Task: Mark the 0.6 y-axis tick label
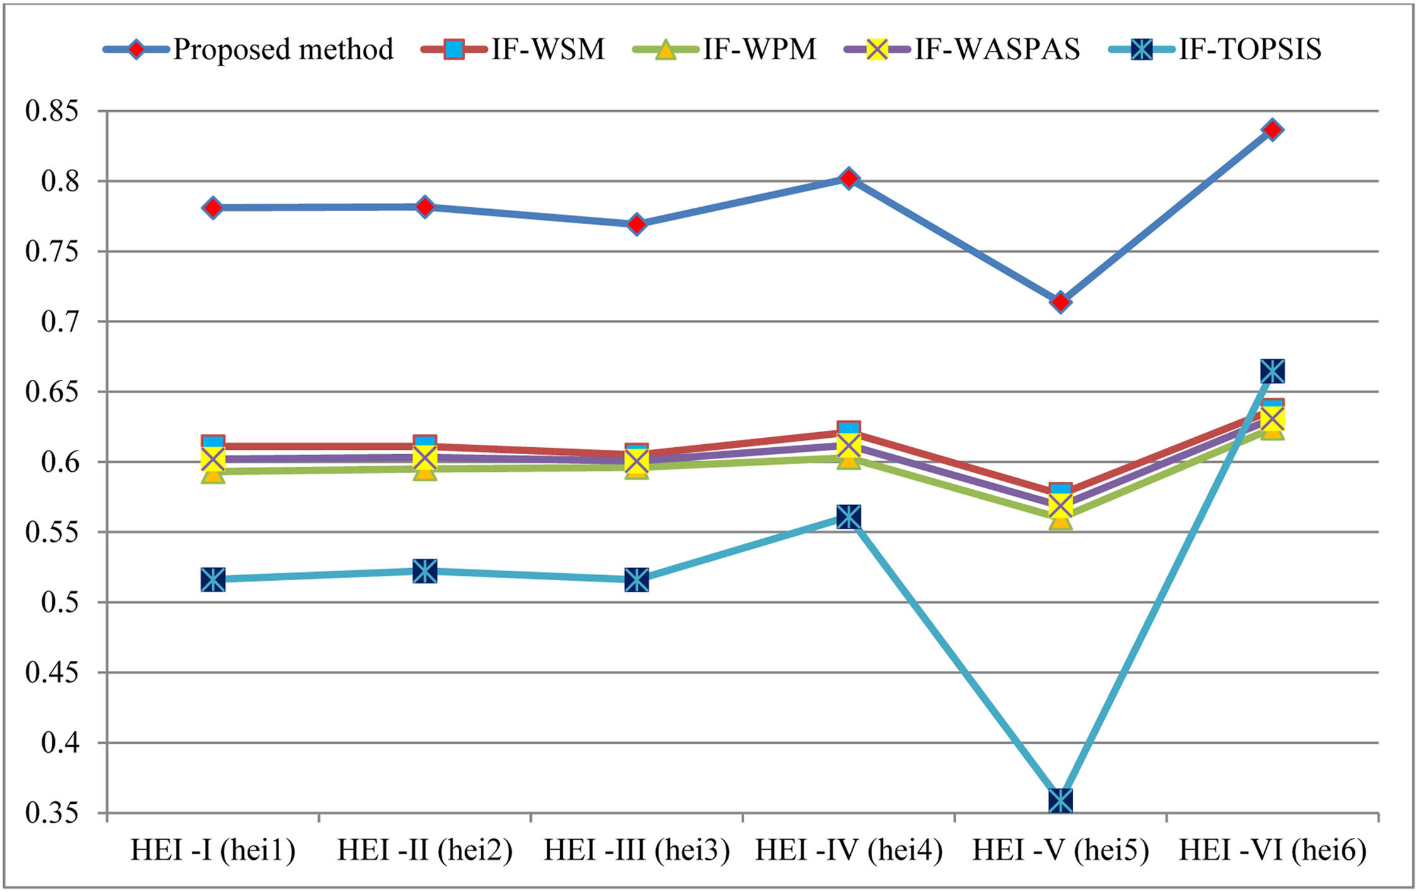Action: point(60,462)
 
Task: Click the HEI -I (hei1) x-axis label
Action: point(213,850)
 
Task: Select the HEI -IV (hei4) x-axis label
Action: point(849,850)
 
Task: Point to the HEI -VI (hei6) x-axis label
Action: point(1272,850)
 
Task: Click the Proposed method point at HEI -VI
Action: point(1272,130)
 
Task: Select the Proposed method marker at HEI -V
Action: point(1061,302)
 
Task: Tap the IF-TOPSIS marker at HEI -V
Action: point(1061,801)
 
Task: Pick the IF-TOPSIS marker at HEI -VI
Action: point(1272,372)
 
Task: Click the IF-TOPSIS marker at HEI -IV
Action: point(849,517)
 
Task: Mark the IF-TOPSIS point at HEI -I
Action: point(213,580)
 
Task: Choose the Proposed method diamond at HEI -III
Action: point(637,224)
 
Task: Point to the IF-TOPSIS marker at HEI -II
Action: point(425,571)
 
